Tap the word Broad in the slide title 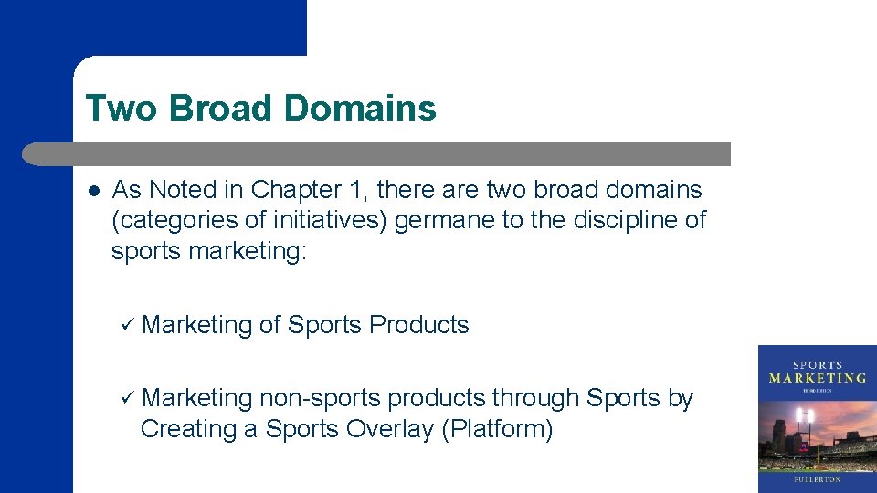[x=221, y=109]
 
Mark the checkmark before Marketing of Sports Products [x=127, y=325]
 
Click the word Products [x=419, y=325]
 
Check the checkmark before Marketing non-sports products [x=127, y=398]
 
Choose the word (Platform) [x=497, y=429]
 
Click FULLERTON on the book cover [x=817, y=478]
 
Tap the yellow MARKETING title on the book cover [x=817, y=377]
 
